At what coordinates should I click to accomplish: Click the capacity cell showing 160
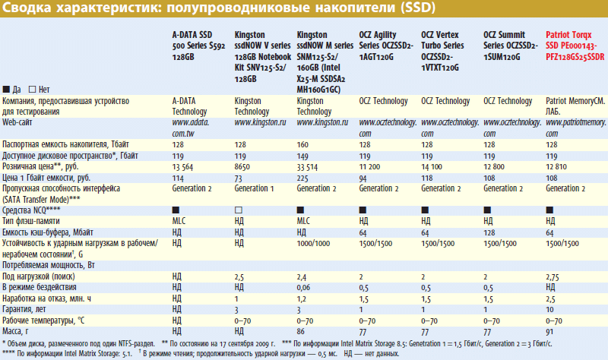pyautogui.click(x=303, y=144)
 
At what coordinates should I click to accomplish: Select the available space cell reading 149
pyautogui.click(x=303, y=156)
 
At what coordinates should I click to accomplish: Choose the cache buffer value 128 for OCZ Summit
pyautogui.click(x=489, y=232)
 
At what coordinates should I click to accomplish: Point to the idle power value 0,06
pyautogui.click(x=305, y=288)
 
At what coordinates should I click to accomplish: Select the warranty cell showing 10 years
pyautogui.click(x=550, y=310)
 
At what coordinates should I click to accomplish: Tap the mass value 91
pyautogui.click(x=549, y=333)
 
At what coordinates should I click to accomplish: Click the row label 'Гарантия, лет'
pyautogui.click(x=26, y=310)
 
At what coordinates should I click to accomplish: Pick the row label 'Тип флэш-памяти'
pyautogui.click(x=35, y=220)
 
